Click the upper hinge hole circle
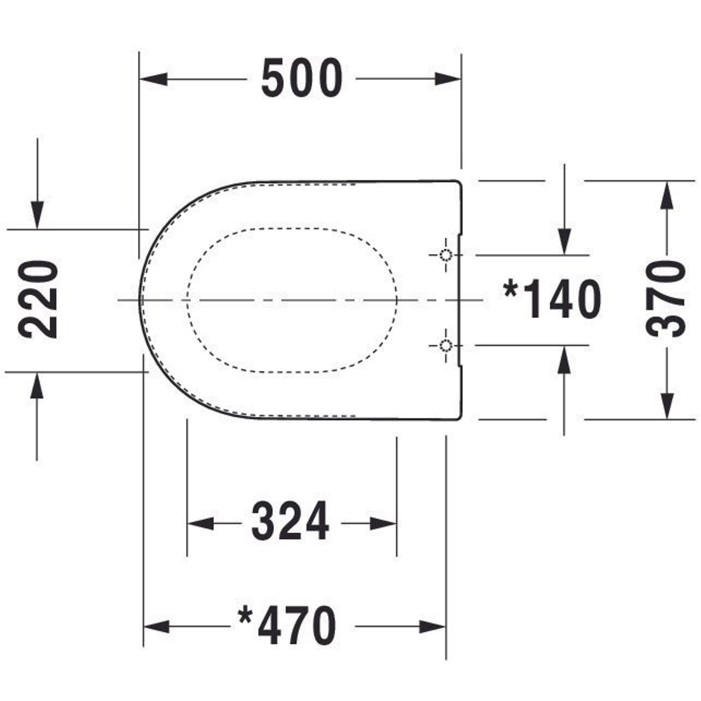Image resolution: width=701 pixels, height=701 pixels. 445,256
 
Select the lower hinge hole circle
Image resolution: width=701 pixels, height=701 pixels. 445,345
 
